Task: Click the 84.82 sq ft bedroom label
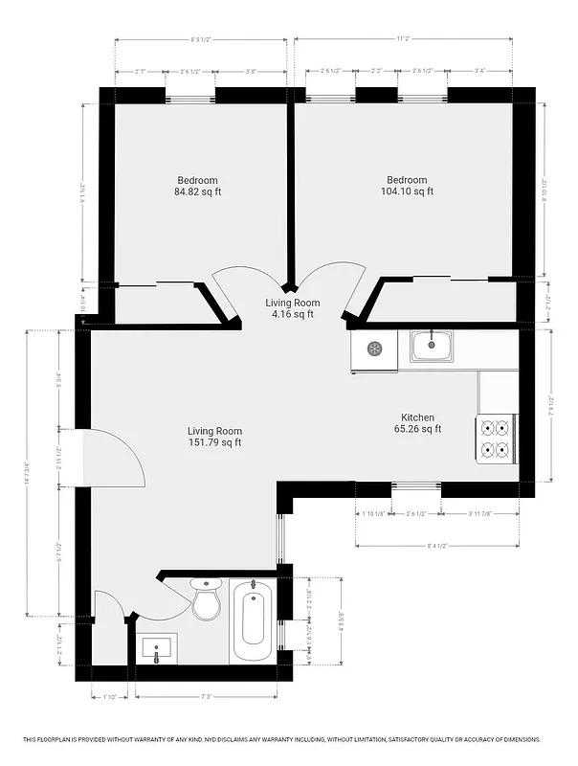click(x=198, y=186)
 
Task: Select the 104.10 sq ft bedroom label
click(x=407, y=186)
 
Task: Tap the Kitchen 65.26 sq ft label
click(x=418, y=423)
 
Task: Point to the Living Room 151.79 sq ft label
click(x=214, y=437)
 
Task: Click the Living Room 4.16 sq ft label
click(x=292, y=308)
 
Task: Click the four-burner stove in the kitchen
click(x=497, y=439)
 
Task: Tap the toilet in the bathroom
click(x=207, y=599)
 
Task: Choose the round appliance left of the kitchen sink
click(x=373, y=349)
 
